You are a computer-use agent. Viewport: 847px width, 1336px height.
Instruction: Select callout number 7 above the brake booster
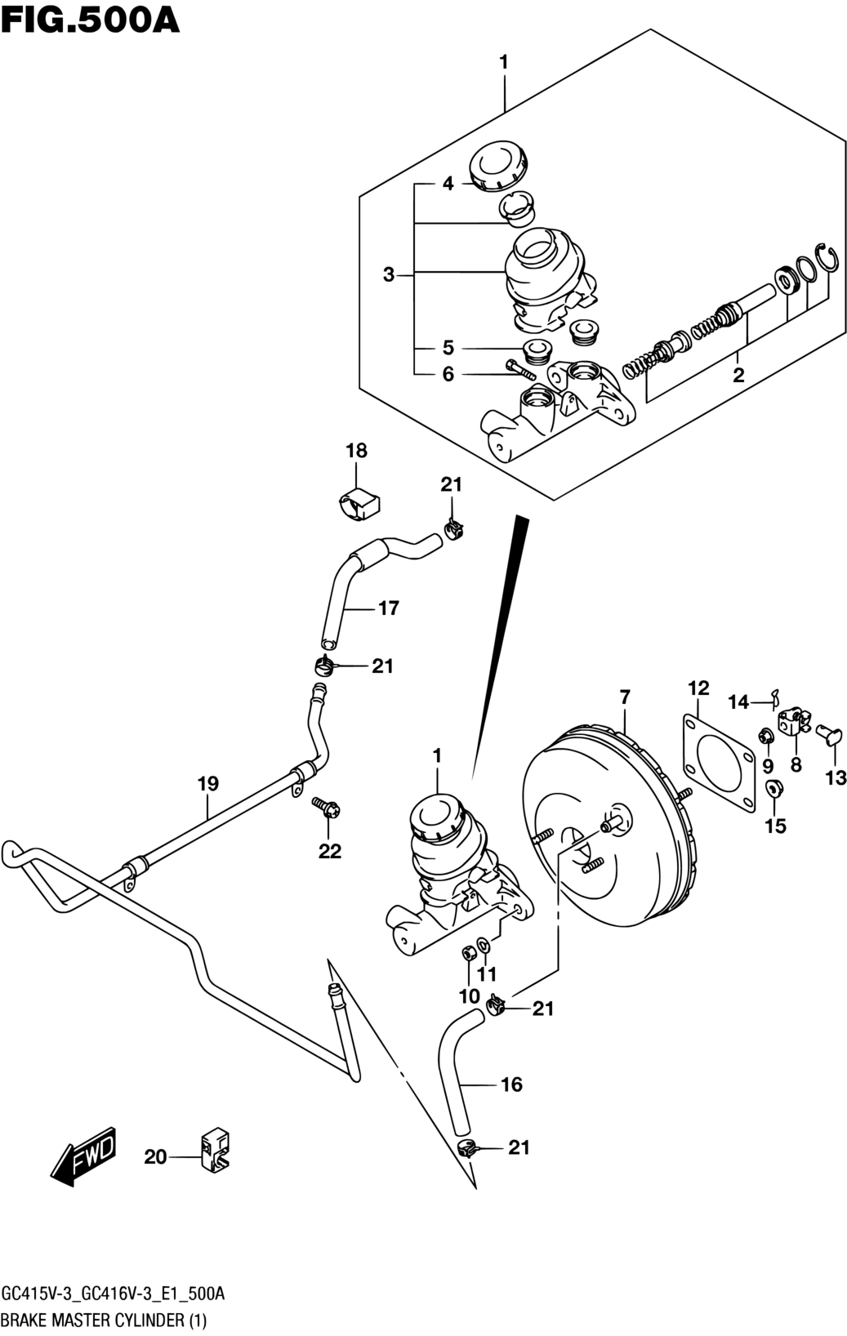tap(625, 697)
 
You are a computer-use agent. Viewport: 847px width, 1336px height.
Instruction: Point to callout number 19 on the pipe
tap(208, 783)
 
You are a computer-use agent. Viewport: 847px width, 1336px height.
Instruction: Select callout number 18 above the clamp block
tap(357, 450)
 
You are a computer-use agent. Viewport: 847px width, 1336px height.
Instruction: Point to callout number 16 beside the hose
tap(512, 1084)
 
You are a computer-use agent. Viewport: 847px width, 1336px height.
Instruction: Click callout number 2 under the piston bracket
tap(738, 375)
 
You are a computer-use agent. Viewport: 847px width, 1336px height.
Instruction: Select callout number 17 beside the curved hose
tap(388, 608)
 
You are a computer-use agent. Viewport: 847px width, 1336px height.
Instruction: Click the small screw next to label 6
tap(519, 368)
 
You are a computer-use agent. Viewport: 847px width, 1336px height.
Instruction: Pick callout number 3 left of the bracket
tap(388, 275)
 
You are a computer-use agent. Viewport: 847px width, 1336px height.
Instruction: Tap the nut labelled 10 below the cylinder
tap(468, 955)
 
